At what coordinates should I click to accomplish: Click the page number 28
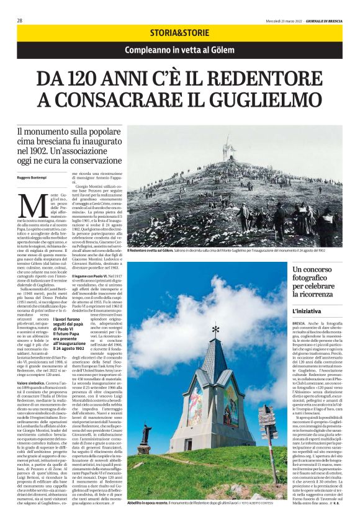pyautogui.click(x=20, y=20)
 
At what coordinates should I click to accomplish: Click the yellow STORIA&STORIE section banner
pyautogui.click(x=179, y=32)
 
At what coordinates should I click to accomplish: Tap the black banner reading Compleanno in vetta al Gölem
pyautogui.click(x=179, y=50)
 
